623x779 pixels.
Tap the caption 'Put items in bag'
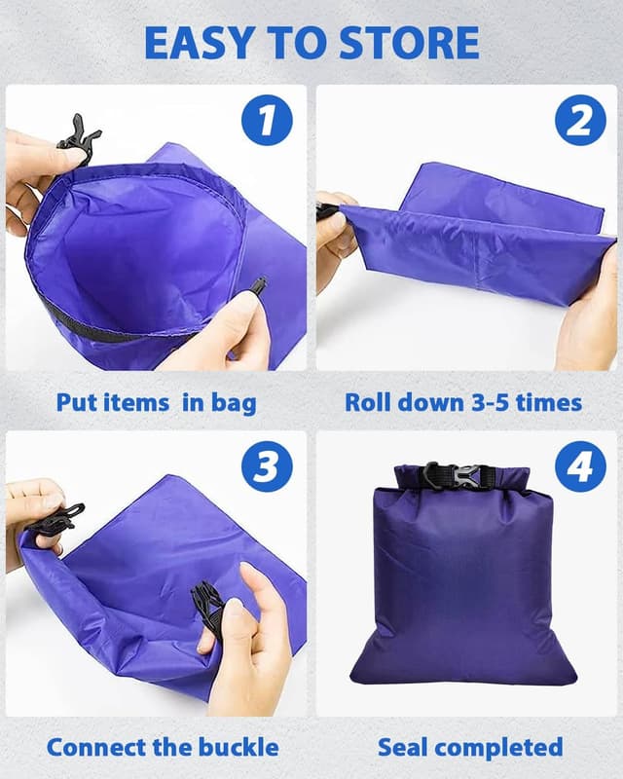[x=156, y=402]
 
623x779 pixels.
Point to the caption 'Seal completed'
[x=470, y=747]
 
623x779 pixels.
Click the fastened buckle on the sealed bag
[x=457, y=477]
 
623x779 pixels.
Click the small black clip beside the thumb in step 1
[x=258, y=285]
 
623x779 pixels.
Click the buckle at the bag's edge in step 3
[x=54, y=522]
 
